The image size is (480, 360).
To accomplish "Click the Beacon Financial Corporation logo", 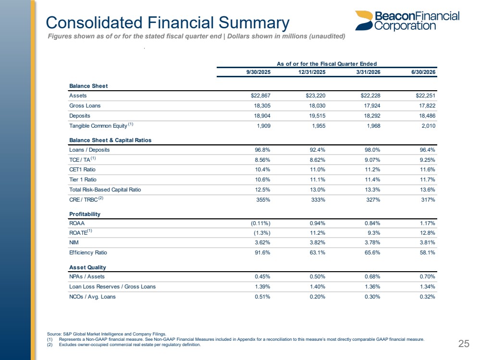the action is (407, 21).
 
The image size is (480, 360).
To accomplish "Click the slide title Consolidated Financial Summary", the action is (168, 23).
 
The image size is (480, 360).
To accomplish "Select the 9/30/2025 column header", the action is (258, 72).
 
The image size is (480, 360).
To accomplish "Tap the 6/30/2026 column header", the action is (423, 72).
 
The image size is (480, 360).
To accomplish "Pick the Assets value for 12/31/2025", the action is (315, 96).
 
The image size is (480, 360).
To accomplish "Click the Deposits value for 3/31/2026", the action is (371, 116).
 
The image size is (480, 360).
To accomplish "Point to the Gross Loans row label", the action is (85, 106).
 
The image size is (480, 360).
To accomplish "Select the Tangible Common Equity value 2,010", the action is (428, 126).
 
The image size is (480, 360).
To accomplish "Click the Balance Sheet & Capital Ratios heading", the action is (110, 140).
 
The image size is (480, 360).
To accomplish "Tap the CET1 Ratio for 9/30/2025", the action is (263, 170).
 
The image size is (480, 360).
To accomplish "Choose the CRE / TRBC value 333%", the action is (318, 200).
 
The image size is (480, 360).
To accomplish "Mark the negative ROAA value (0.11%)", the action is (260, 224).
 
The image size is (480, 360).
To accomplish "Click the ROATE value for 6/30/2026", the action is (427, 233).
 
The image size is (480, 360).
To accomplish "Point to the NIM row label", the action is (74, 242).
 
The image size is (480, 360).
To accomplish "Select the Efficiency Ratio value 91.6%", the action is (263, 252).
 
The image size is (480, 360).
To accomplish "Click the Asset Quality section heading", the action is (87, 268).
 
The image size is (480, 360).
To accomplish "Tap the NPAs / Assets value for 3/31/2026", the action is (372, 277).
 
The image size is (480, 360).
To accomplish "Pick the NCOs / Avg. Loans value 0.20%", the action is (318, 297).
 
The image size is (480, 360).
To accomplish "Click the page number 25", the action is (464, 344).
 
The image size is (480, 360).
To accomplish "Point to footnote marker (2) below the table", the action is (49, 345).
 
